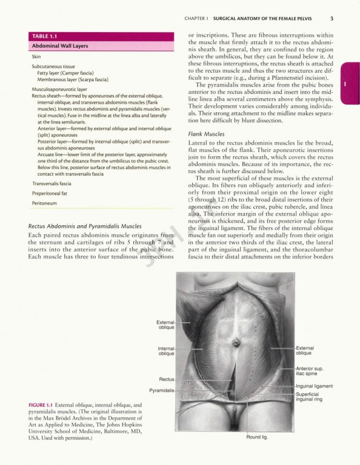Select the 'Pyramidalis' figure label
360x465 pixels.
point(162,391)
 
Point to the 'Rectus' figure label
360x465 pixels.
point(167,379)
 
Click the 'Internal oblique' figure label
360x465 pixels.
point(166,351)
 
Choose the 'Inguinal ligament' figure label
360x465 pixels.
point(313,386)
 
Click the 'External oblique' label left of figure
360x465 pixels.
point(166,325)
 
